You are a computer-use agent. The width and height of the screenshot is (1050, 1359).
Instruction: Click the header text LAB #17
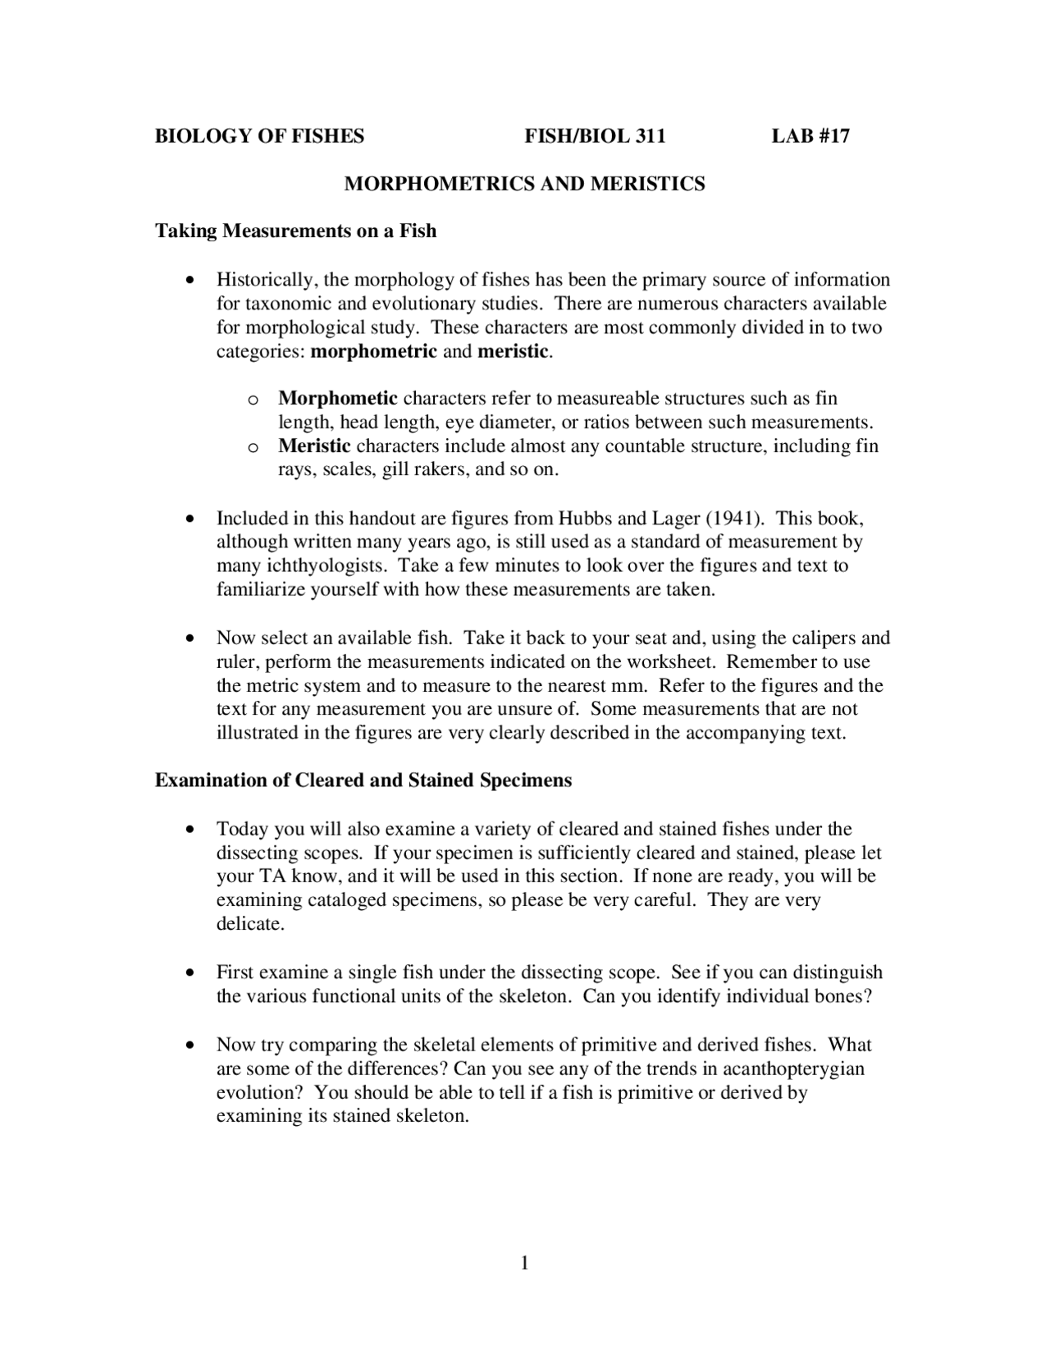click(810, 136)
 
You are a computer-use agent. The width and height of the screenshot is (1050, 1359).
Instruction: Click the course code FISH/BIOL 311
click(595, 136)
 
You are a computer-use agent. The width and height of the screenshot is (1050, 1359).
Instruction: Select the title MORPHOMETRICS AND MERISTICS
click(524, 184)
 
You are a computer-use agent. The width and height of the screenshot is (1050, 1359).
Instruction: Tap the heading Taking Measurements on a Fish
click(295, 231)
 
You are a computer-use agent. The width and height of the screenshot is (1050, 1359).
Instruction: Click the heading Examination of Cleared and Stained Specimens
click(363, 780)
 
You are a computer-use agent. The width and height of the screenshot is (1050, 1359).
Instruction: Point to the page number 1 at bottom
click(524, 1263)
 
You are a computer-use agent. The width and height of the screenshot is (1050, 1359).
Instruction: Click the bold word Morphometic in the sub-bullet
click(338, 399)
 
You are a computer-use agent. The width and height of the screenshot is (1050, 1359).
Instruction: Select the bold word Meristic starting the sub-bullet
click(314, 446)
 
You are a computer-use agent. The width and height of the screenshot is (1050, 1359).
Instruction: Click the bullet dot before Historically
click(190, 281)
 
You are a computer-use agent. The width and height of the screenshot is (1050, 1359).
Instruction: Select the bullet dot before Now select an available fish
click(190, 638)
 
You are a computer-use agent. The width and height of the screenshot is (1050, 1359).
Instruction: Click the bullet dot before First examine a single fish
click(190, 973)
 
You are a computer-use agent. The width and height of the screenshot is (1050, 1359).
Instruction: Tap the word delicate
click(250, 924)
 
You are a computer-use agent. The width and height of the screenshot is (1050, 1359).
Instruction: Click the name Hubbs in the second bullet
click(585, 519)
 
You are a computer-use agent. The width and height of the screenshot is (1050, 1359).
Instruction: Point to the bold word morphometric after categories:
click(374, 352)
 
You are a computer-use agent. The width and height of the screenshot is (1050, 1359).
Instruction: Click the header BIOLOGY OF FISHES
click(260, 136)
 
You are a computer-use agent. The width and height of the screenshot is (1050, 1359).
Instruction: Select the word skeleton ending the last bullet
click(431, 1117)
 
